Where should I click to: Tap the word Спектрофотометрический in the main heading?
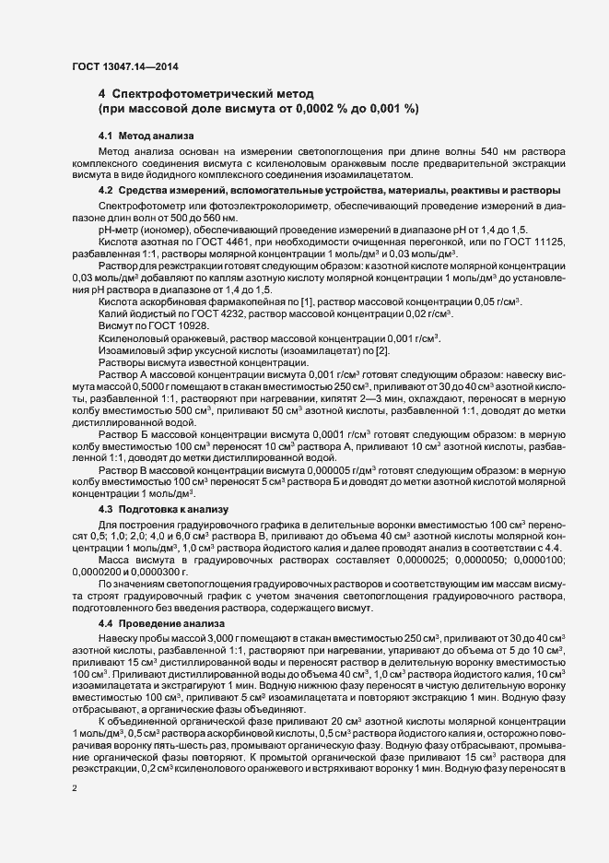coord(214,94)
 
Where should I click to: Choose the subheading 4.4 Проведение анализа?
coord(154,624)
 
